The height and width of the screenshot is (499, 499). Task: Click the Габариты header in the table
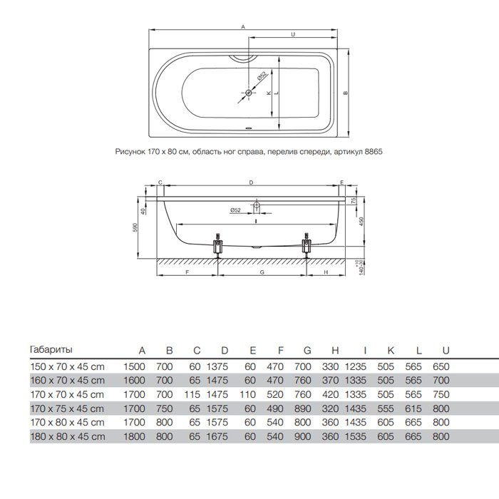(x=51, y=350)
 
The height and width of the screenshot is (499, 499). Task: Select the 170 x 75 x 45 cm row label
(x=67, y=408)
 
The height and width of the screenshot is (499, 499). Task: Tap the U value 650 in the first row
(x=441, y=366)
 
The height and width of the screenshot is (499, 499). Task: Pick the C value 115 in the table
(x=192, y=395)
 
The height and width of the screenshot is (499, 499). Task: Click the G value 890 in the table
(x=303, y=408)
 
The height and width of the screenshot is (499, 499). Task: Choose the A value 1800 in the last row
(x=134, y=436)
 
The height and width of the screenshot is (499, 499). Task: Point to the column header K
(x=391, y=351)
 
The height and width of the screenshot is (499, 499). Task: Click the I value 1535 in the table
(x=356, y=436)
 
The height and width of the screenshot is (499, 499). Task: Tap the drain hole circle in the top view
(x=249, y=93)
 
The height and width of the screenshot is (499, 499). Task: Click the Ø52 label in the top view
(x=262, y=77)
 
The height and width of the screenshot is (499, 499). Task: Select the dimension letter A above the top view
(x=243, y=27)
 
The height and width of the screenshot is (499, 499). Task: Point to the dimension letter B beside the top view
(x=346, y=93)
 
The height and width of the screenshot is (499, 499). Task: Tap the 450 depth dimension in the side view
(x=361, y=222)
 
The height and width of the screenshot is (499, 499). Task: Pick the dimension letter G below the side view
(x=262, y=272)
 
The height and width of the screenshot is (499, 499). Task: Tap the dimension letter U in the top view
(x=293, y=34)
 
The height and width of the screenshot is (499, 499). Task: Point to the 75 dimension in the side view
(x=354, y=200)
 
